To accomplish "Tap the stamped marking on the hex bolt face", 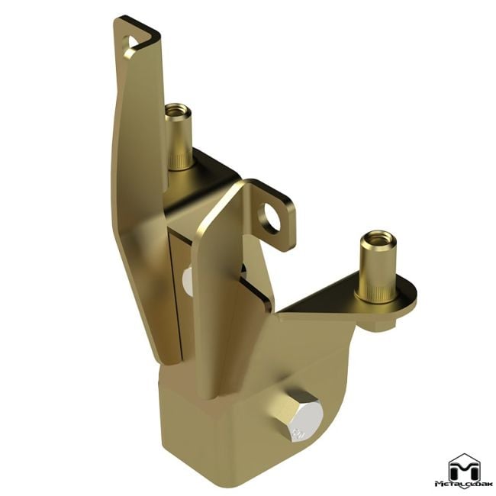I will point(297,433).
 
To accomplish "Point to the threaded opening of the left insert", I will point(177,109).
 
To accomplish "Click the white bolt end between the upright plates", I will point(188,283).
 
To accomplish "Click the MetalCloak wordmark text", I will point(463,484).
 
